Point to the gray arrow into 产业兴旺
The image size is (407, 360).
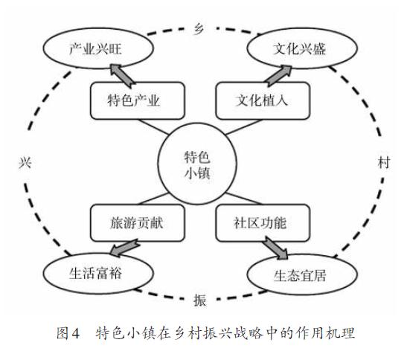123,74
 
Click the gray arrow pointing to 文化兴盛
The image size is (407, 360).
278,76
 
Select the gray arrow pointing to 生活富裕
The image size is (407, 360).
124,248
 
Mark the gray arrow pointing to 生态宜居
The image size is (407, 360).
275,248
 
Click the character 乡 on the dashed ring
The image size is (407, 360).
199,29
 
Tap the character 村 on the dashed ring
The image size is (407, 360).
384,163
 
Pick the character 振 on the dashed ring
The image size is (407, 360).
199,300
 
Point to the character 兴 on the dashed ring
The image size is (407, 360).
25,163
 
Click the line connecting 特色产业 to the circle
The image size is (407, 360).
154,127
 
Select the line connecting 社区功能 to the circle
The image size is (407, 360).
244,199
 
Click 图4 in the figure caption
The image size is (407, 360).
68,333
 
